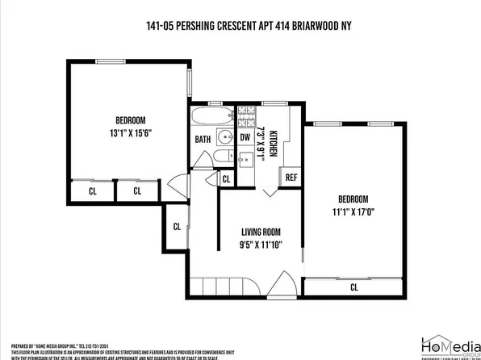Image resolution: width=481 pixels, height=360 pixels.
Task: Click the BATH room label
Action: [x=203, y=139]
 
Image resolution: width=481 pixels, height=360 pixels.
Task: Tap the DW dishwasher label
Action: [x=245, y=137]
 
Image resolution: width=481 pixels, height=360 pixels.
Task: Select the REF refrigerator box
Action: [x=290, y=176]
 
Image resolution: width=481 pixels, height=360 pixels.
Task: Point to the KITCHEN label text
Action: [x=274, y=143]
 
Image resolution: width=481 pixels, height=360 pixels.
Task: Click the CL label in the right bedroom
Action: [x=354, y=287]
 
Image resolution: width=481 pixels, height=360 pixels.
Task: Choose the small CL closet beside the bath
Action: [x=226, y=178]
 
